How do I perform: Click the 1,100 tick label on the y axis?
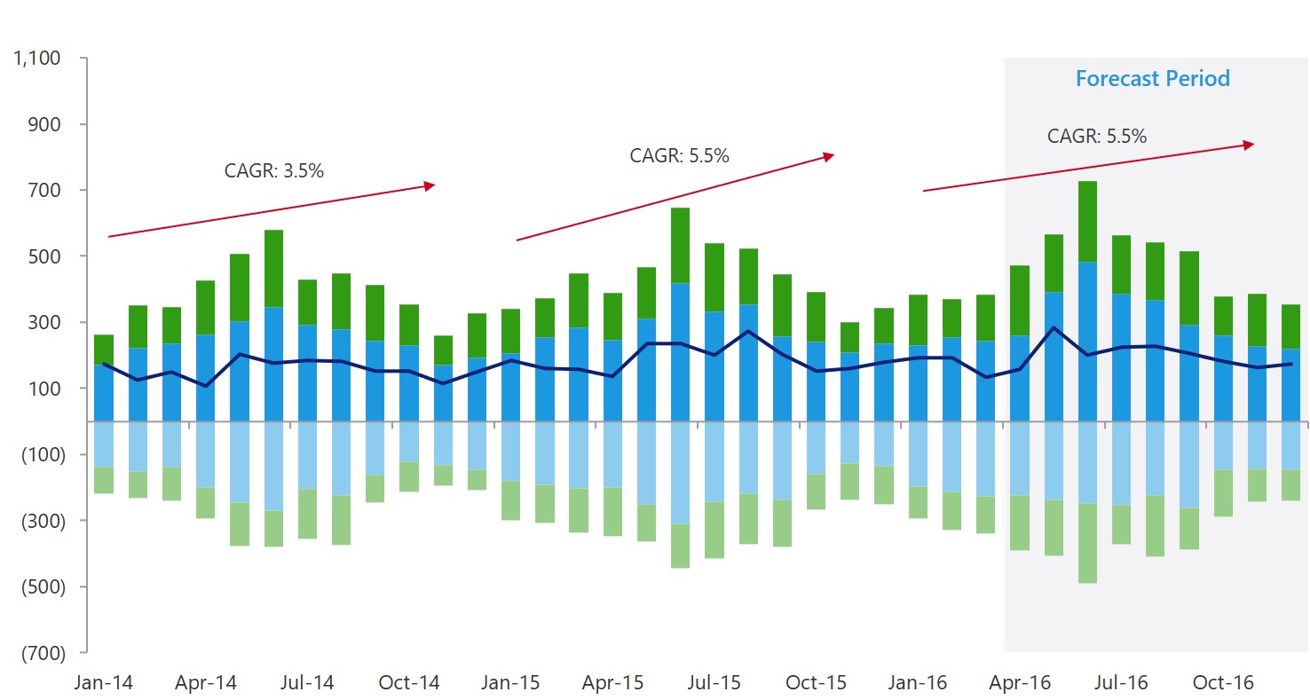(x=36, y=59)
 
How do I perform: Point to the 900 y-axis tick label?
(x=43, y=124)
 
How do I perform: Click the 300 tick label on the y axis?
(x=43, y=322)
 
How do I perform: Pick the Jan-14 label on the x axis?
(x=104, y=683)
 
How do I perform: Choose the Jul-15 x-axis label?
(x=715, y=683)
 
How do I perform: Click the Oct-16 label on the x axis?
(x=1224, y=683)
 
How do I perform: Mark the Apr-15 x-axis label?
(x=612, y=683)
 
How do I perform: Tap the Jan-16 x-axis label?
(x=919, y=683)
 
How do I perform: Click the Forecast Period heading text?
(x=1152, y=78)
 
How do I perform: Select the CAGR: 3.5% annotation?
(x=273, y=170)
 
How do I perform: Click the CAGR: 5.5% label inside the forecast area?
(x=1096, y=137)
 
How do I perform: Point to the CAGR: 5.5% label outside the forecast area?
(x=679, y=155)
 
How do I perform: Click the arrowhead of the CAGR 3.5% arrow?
(x=430, y=185)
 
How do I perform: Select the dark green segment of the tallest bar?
(x=1087, y=221)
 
